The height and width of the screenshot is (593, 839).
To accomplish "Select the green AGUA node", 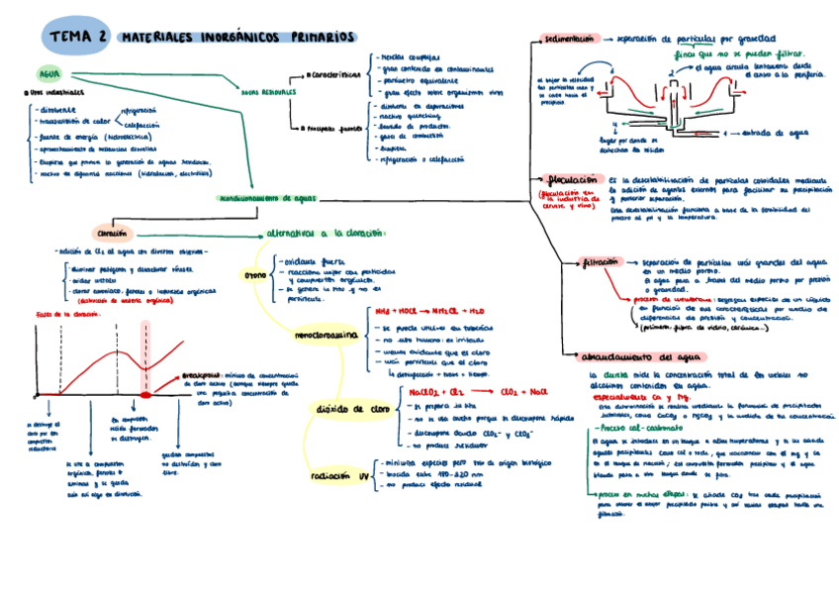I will click(48, 73).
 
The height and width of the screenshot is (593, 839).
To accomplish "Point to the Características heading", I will click(333, 74).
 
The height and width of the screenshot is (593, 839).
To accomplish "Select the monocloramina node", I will click(326, 337).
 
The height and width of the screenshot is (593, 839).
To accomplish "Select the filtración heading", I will click(601, 263).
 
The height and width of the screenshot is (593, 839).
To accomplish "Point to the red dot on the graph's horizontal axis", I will click(145, 394).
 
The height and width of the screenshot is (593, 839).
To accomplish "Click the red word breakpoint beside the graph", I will click(201, 376).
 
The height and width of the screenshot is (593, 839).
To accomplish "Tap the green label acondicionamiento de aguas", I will click(266, 198).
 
